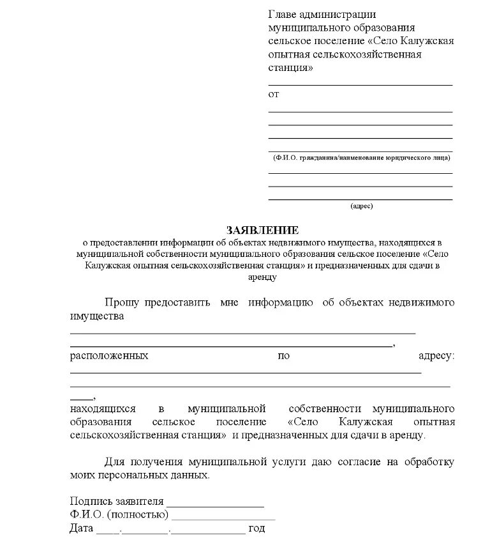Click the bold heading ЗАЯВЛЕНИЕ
[x=262, y=230]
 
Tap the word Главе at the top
[x=283, y=15]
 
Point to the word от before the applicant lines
[x=273, y=94]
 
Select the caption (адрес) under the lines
[x=361, y=206]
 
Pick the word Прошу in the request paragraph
[x=124, y=302]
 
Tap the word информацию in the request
[x=281, y=302]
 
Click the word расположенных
[x=109, y=355]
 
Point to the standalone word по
[x=284, y=355]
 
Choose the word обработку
[x=427, y=462]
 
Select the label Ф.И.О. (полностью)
[x=119, y=514]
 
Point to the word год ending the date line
[x=256, y=528]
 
